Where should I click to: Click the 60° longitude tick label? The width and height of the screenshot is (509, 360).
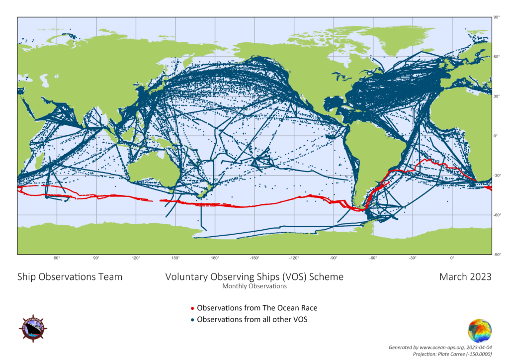(x=57, y=258)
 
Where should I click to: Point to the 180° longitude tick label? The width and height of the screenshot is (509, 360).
(x=215, y=258)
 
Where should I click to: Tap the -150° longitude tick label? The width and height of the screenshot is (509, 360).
(x=254, y=258)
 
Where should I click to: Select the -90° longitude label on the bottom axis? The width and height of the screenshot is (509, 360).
(x=334, y=258)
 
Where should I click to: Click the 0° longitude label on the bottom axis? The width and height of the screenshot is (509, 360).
(x=452, y=258)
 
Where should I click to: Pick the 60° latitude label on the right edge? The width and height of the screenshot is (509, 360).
(x=496, y=57)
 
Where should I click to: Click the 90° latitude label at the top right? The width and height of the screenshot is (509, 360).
(x=496, y=17)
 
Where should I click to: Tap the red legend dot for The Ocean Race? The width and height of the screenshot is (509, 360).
(x=193, y=308)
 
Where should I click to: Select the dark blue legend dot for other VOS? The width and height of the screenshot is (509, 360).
(x=193, y=320)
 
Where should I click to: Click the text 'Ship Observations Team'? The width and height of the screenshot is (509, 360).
(x=70, y=277)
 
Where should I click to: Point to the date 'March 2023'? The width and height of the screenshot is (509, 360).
(x=465, y=277)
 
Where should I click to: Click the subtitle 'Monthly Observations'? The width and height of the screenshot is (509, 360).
(x=254, y=286)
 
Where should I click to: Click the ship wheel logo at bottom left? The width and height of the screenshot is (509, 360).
(x=33, y=328)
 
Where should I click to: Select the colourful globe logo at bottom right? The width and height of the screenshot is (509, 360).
(x=480, y=331)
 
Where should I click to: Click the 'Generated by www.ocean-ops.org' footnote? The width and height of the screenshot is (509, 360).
(x=440, y=347)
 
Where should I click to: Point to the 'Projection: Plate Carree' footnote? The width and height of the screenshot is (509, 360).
(x=452, y=353)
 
